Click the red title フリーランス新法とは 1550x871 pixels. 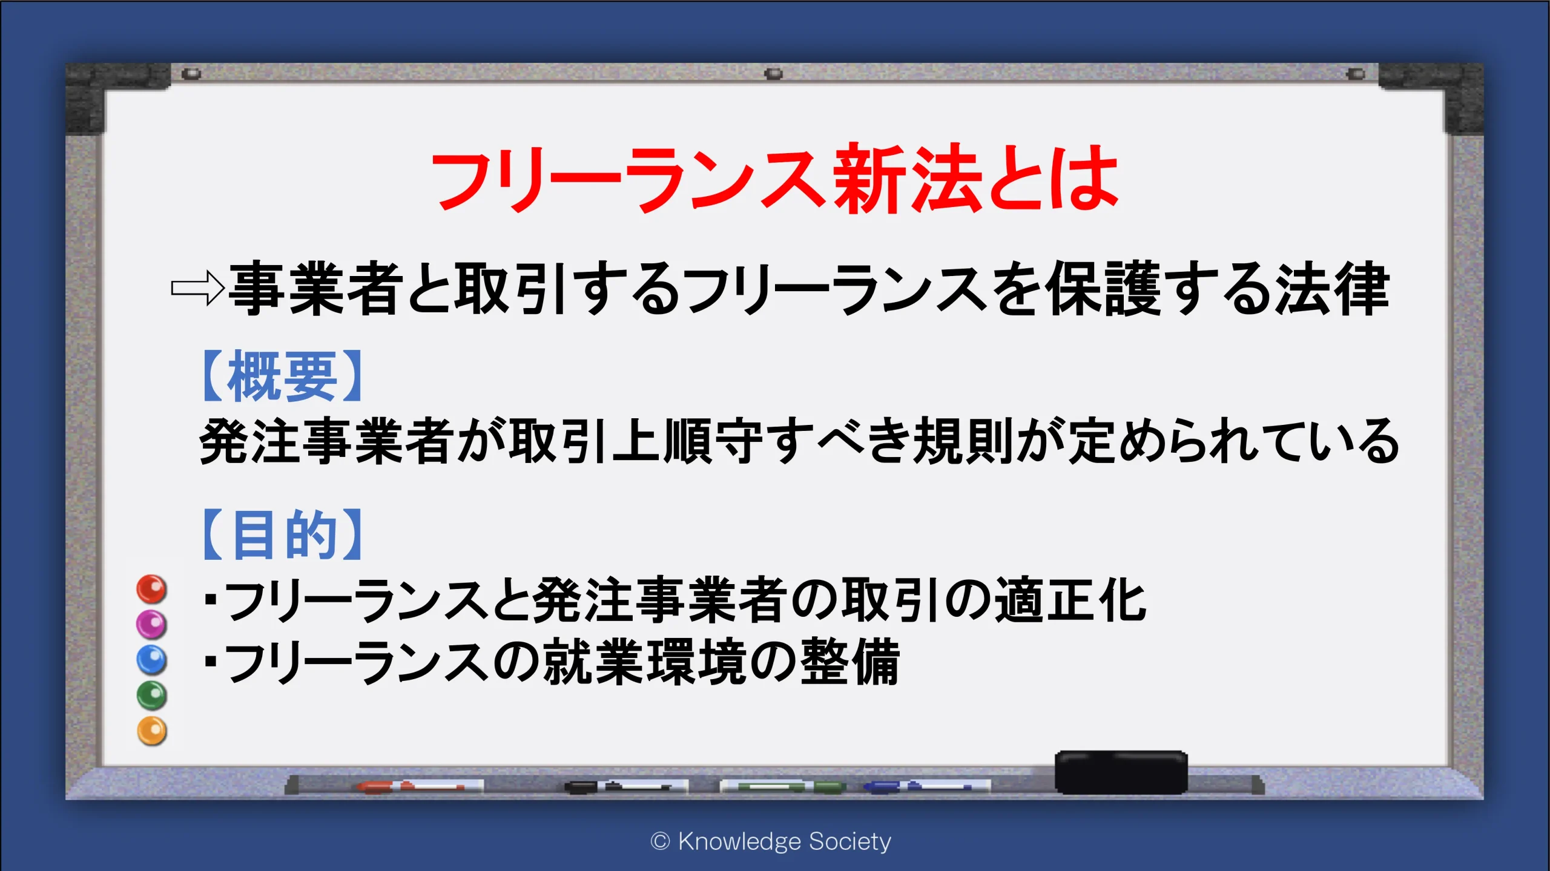[774, 179]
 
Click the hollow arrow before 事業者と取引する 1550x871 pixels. [197, 288]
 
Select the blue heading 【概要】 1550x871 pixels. [282, 376]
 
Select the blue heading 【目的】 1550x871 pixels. [282, 534]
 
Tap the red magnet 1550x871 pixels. [151, 589]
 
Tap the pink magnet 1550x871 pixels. [151, 624]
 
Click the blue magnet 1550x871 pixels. [151, 660]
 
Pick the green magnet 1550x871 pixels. [151, 695]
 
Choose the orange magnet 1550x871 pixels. [151, 731]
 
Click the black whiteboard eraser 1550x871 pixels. [1121, 772]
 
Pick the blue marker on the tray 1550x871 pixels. [926, 786]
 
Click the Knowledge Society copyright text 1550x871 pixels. [771, 841]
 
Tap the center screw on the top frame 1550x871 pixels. [774, 74]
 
